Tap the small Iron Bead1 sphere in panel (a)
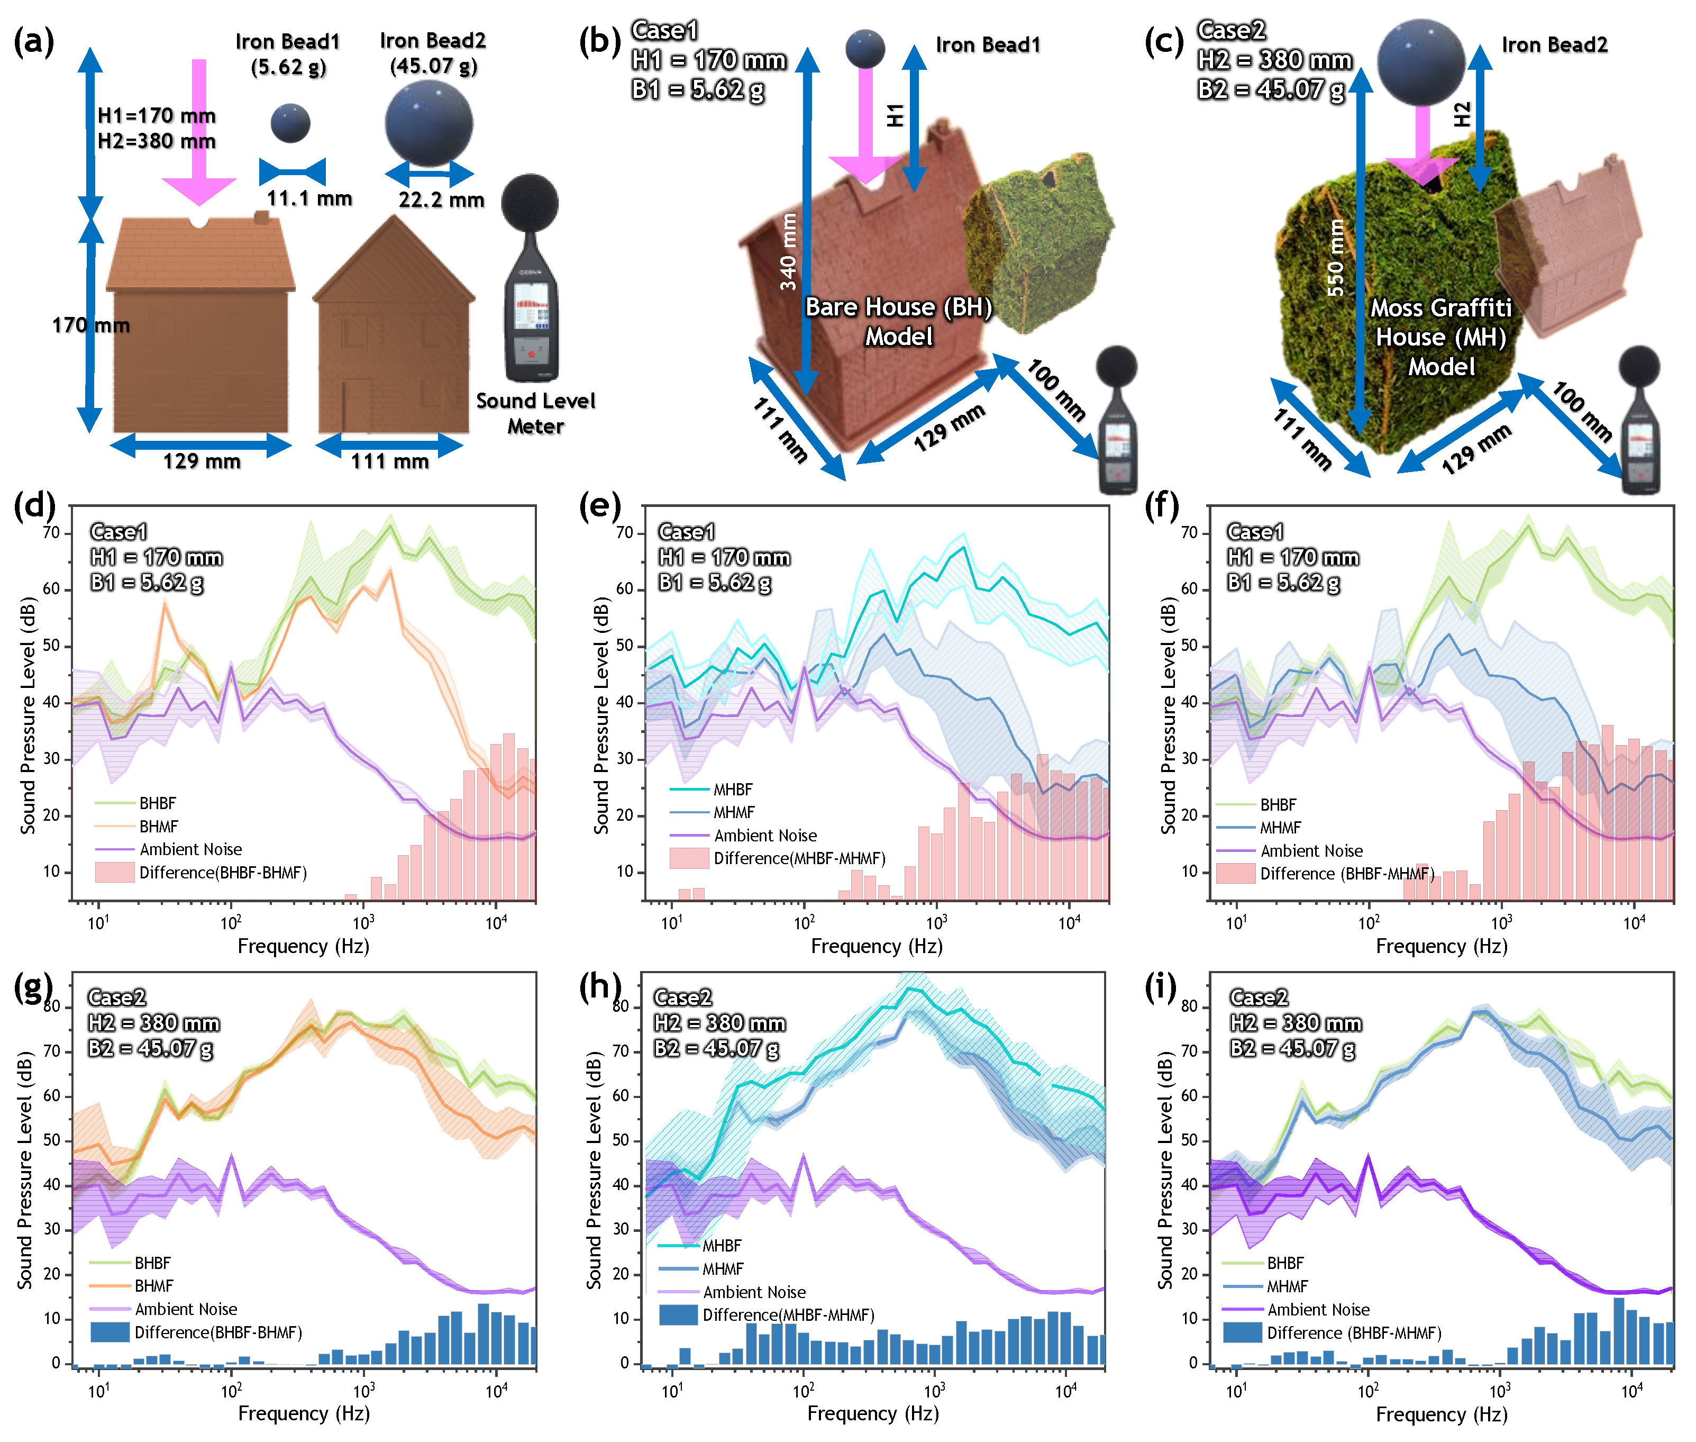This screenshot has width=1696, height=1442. [290, 123]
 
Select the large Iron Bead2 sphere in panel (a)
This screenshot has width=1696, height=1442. [429, 123]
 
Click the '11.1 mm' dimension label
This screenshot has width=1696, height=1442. [309, 198]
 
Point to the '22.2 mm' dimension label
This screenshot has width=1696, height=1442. [441, 199]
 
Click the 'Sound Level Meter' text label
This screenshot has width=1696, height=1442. [535, 413]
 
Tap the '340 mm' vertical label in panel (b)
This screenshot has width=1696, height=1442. [788, 252]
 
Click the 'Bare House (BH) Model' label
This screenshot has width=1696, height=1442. [898, 321]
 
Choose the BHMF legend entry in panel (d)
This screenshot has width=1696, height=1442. [158, 827]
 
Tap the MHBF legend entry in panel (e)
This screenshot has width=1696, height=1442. [732, 790]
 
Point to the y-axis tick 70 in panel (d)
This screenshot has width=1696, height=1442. [51, 533]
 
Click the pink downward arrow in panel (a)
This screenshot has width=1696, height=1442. [198, 131]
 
